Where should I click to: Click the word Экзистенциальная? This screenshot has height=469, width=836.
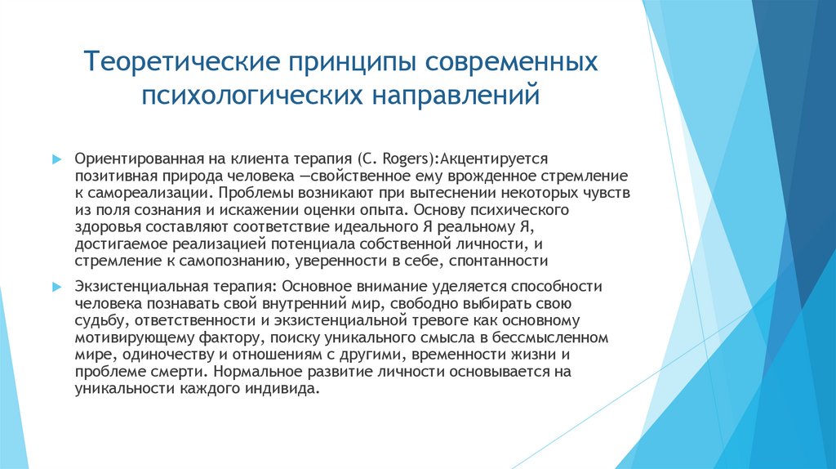(x=136, y=287)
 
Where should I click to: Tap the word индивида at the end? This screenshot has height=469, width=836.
(x=283, y=389)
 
